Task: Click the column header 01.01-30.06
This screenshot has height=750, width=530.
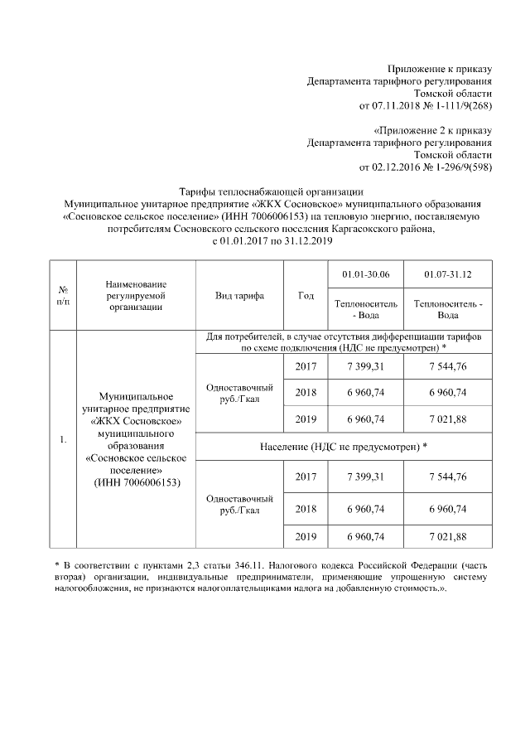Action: [x=365, y=274]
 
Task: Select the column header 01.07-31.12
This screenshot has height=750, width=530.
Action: [x=448, y=274]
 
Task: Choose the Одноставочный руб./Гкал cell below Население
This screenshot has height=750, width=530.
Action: [x=239, y=505]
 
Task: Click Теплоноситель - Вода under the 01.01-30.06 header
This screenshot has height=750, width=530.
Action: [x=365, y=309]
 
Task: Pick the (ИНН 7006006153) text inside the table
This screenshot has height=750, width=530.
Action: [x=135, y=482]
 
